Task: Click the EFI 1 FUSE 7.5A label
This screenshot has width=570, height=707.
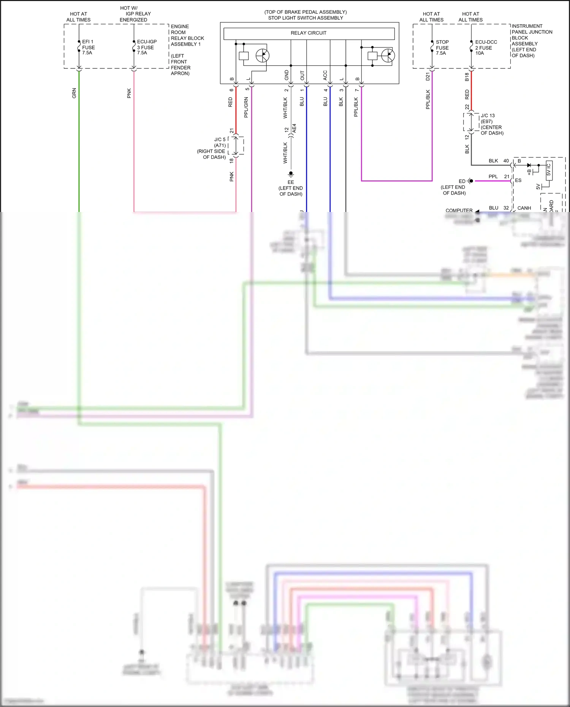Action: click(x=88, y=47)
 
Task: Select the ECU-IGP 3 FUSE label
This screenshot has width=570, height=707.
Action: click(x=146, y=47)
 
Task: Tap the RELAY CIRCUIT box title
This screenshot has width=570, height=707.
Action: click(x=308, y=33)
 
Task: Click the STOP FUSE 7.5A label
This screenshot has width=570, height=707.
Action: click(x=442, y=47)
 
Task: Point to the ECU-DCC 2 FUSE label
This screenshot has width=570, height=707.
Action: click(x=486, y=47)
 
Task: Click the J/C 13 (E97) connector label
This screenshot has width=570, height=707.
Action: click(x=491, y=124)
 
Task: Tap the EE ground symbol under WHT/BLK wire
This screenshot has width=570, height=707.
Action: click(x=291, y=174)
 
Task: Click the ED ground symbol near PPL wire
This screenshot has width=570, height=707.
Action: click(x=470, y=181)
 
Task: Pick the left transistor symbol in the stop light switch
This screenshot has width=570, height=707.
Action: click(x=262, y=56)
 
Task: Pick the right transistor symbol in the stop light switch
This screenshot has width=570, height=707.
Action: click(x=388, y=56)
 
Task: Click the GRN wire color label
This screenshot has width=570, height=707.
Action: click(x=74, y=93)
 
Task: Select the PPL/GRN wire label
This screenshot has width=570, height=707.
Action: click(x=246, y=107)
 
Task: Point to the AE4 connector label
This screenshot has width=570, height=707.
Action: click(x=294, y=128)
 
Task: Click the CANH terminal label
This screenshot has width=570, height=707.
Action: click(x=524, y=208)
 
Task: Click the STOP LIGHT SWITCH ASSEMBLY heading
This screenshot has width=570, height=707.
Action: click(x=306, y=18)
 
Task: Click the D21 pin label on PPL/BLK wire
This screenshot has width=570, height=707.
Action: click(x=427, y=76)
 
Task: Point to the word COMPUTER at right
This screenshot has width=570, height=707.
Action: click(x=459, y=210)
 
